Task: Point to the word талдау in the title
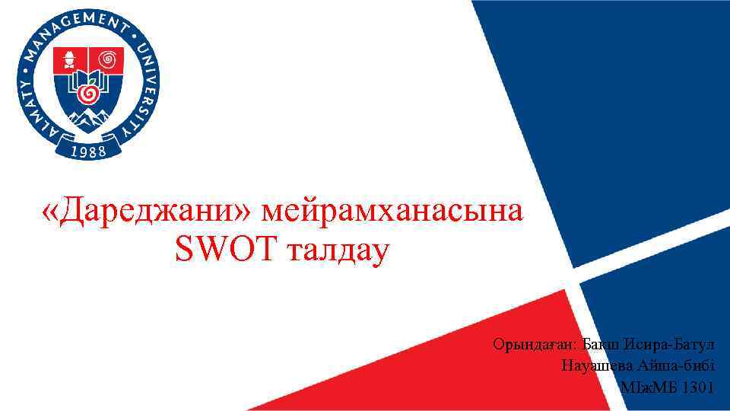(x=337, y=249)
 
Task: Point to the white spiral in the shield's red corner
(x=109, y=58)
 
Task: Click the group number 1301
(x=698, y=387)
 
